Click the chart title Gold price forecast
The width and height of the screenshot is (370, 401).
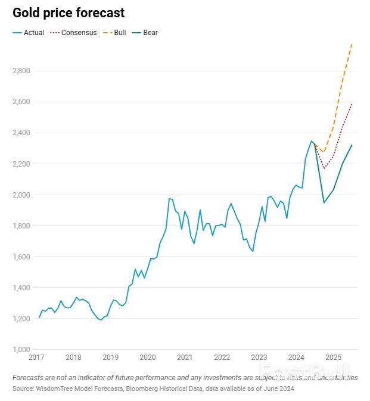click(x=69, y=12)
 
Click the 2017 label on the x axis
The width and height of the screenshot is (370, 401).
click(x=36, y=358)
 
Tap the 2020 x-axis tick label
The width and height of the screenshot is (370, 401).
click(x=147, y=358)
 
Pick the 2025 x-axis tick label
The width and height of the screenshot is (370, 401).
click(x=333, y=358)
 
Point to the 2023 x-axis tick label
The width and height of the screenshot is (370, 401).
click(x=259, y=358)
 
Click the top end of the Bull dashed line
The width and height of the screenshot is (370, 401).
click(x=352, y=43)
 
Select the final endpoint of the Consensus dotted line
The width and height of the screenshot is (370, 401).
click(x=352, y=104)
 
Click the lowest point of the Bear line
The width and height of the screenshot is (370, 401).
click(x=324, y=203)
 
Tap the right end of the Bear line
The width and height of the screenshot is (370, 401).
click(x=352, y=145)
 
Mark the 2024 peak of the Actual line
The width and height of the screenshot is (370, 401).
click(x=311, y=141)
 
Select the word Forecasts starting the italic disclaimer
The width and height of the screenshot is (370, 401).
click(x=28, y=377)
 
